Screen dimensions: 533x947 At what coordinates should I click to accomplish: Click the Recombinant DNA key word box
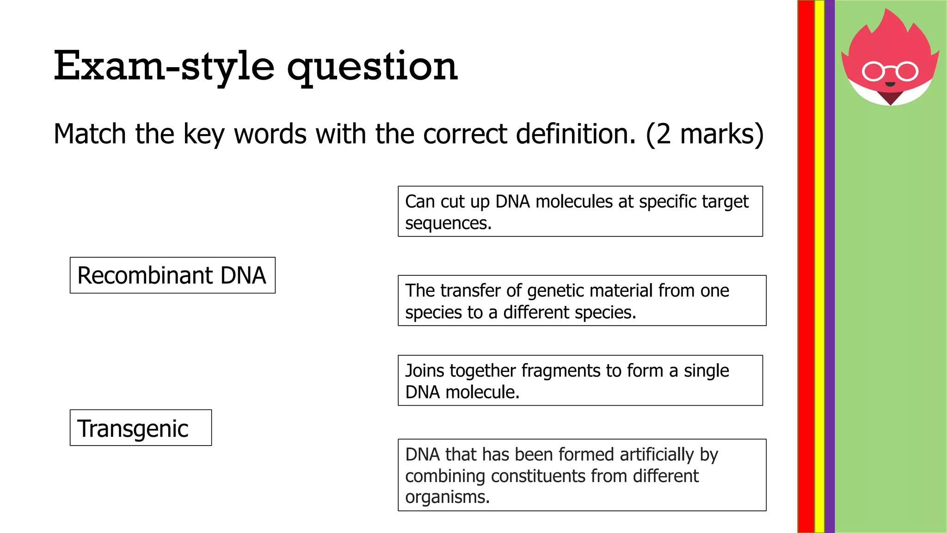[x=172, y=275]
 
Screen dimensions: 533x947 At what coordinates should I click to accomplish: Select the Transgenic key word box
[x=141, y=428]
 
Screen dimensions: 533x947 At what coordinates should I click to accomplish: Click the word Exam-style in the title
[x=164, y=66]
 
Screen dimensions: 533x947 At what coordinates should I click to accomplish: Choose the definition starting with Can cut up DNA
[x=580, y=211]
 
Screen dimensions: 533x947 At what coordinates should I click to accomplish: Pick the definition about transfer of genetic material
[x=582, y=301]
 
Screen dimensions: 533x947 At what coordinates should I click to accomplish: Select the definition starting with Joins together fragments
[x=580, y=380]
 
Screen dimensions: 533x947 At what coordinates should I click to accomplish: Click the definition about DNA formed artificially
[x=582, y=475]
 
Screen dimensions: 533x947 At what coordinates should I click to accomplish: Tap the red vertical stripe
[x=806, y=266]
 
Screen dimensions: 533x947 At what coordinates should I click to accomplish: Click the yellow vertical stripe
[x=819, y=266]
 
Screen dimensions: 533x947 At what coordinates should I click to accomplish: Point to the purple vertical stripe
[x=830, y=266]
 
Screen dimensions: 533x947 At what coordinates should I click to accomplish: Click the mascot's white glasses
[x=890, y=71]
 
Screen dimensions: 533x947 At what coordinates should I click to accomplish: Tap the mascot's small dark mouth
[x=890, y=84]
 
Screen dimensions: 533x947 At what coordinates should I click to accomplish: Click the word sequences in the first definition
[x=448, y=223]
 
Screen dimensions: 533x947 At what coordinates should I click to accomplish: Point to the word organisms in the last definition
[x=447, y=497]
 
